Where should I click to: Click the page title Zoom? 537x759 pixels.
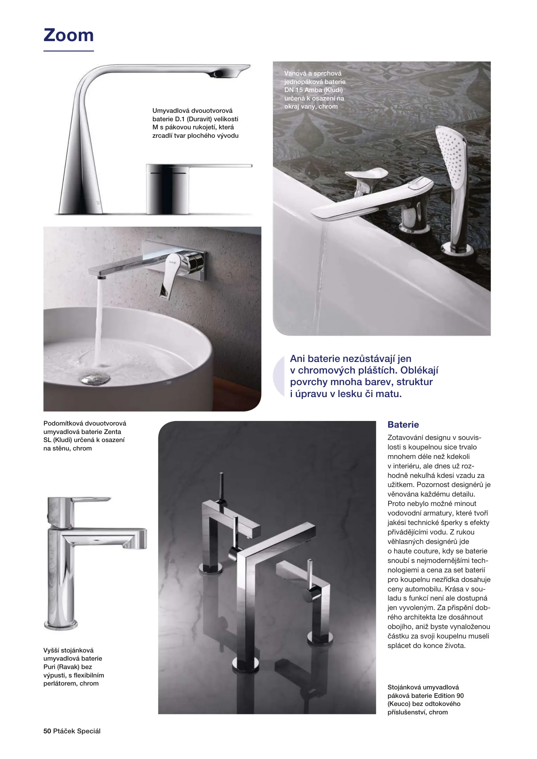[x=69, y=35]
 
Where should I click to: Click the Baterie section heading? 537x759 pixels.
[x=403, y=424]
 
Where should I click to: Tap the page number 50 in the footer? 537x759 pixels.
[x=47, y=731]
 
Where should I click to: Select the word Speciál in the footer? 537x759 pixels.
[x=89, y=731]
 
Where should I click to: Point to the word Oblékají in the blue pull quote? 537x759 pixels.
[x=419, y=370]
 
